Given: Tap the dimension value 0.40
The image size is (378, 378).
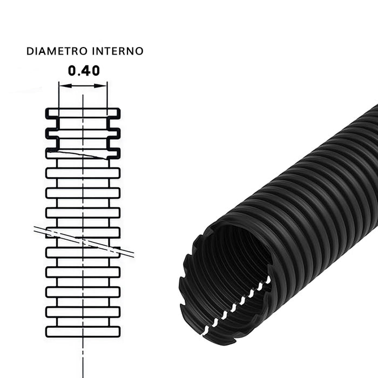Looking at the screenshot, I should [83, 70].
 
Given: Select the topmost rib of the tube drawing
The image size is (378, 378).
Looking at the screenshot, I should [83, 113].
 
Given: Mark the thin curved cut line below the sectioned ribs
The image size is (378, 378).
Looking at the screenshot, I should [81, 154].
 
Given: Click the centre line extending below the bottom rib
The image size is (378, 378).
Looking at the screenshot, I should [83, 356].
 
